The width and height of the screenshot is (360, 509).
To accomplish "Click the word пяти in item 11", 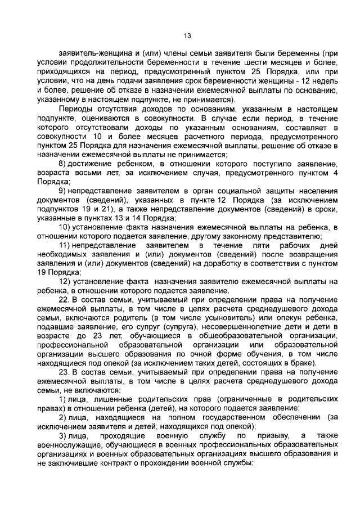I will [238, 246].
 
